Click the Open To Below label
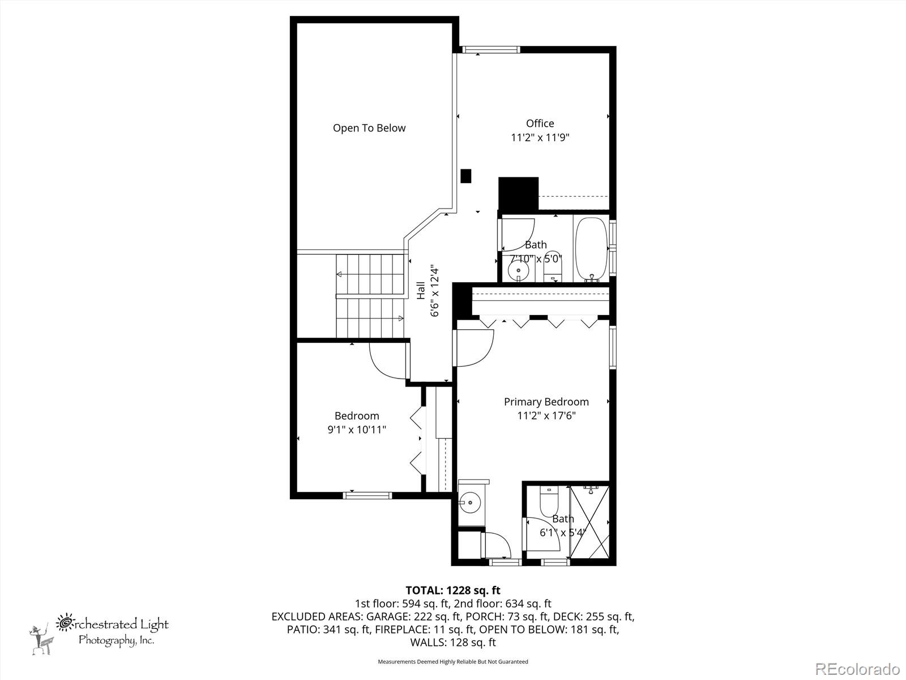[369, 128]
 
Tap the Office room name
[540, 124]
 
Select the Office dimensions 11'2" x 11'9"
[540, 138]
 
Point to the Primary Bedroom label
[546, 402]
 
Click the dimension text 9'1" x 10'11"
[357, 430]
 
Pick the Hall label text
[421, 290]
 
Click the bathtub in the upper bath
[592, 249]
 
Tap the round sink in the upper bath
[519, 271]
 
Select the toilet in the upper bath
[553, 266]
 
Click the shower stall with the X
[589, 521]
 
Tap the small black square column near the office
[465, 176]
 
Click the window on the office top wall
[490, 50]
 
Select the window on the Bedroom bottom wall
[367, 495]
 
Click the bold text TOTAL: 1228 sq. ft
[453, 590]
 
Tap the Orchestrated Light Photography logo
[99, 633]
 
